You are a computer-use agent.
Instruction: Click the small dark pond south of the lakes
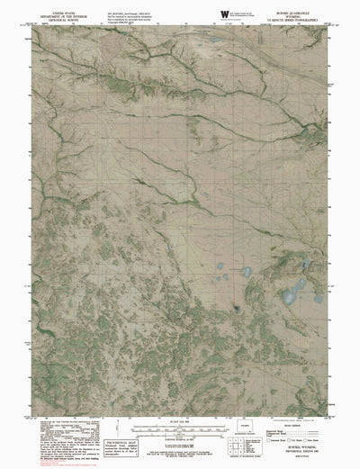point(236,311)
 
